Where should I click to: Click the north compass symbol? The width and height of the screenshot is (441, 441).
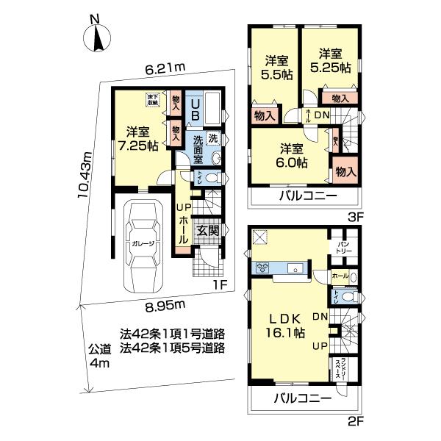click(x=96, y=37)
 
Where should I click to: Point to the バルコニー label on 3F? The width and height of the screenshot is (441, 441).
click(x=306, y=197)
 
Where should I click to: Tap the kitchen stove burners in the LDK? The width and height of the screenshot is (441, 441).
click(x=262, y=267)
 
